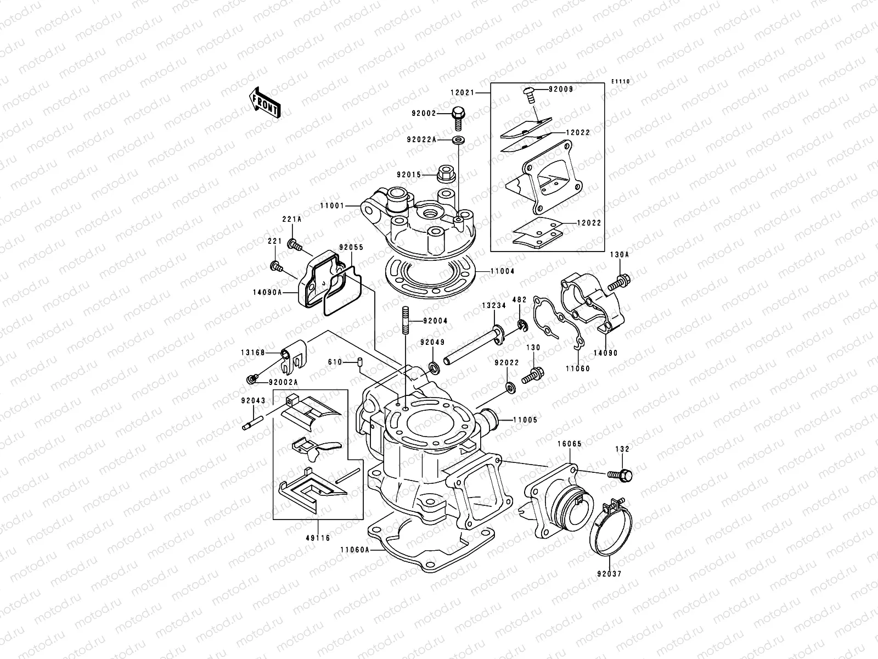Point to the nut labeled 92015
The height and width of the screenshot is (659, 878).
click(x=444, y=175)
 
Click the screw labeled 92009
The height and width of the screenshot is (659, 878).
click(x=530, y=93)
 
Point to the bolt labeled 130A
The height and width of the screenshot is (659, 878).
click(x=618, y=281)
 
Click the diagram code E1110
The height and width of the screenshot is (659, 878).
click(x=621, y=82)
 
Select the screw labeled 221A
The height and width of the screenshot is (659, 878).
click(x=295, y=245)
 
